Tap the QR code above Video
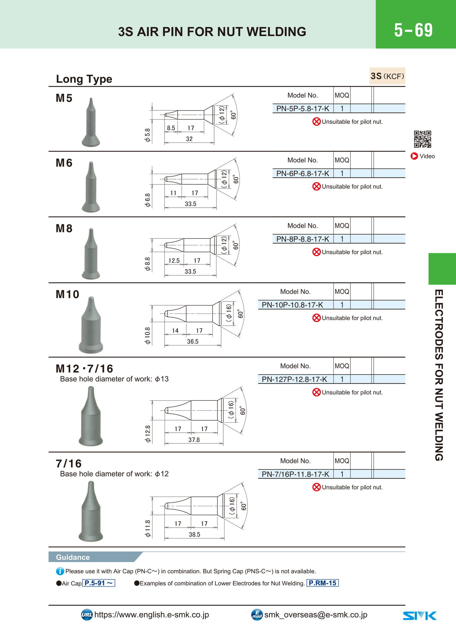[x=422, y=139]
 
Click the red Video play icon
[x=414, y=156]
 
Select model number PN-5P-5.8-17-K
[x=302, y=108]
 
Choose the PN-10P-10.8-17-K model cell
[x=292, y=305]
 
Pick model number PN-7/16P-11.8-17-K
[x=295, y=474]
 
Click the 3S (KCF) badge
[x=387, y=76]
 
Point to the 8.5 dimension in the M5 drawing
[x=171, y=128]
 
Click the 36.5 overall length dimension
[x=193, y=341]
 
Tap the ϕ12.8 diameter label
[x=148, y=434]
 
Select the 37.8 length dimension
[x=194, y=440]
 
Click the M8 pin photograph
[x=91, y=254]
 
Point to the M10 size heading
[x=68, y=294]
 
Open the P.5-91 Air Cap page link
[x=99, y=583]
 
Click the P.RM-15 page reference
[x=322, y=583]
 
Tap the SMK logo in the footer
[x=420, y=616]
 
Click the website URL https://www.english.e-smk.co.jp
[x=152, y=615]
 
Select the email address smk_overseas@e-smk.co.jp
[x=316, y=615]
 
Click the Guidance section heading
[x=73, y=557]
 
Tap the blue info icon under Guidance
[x=60, y=571]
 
